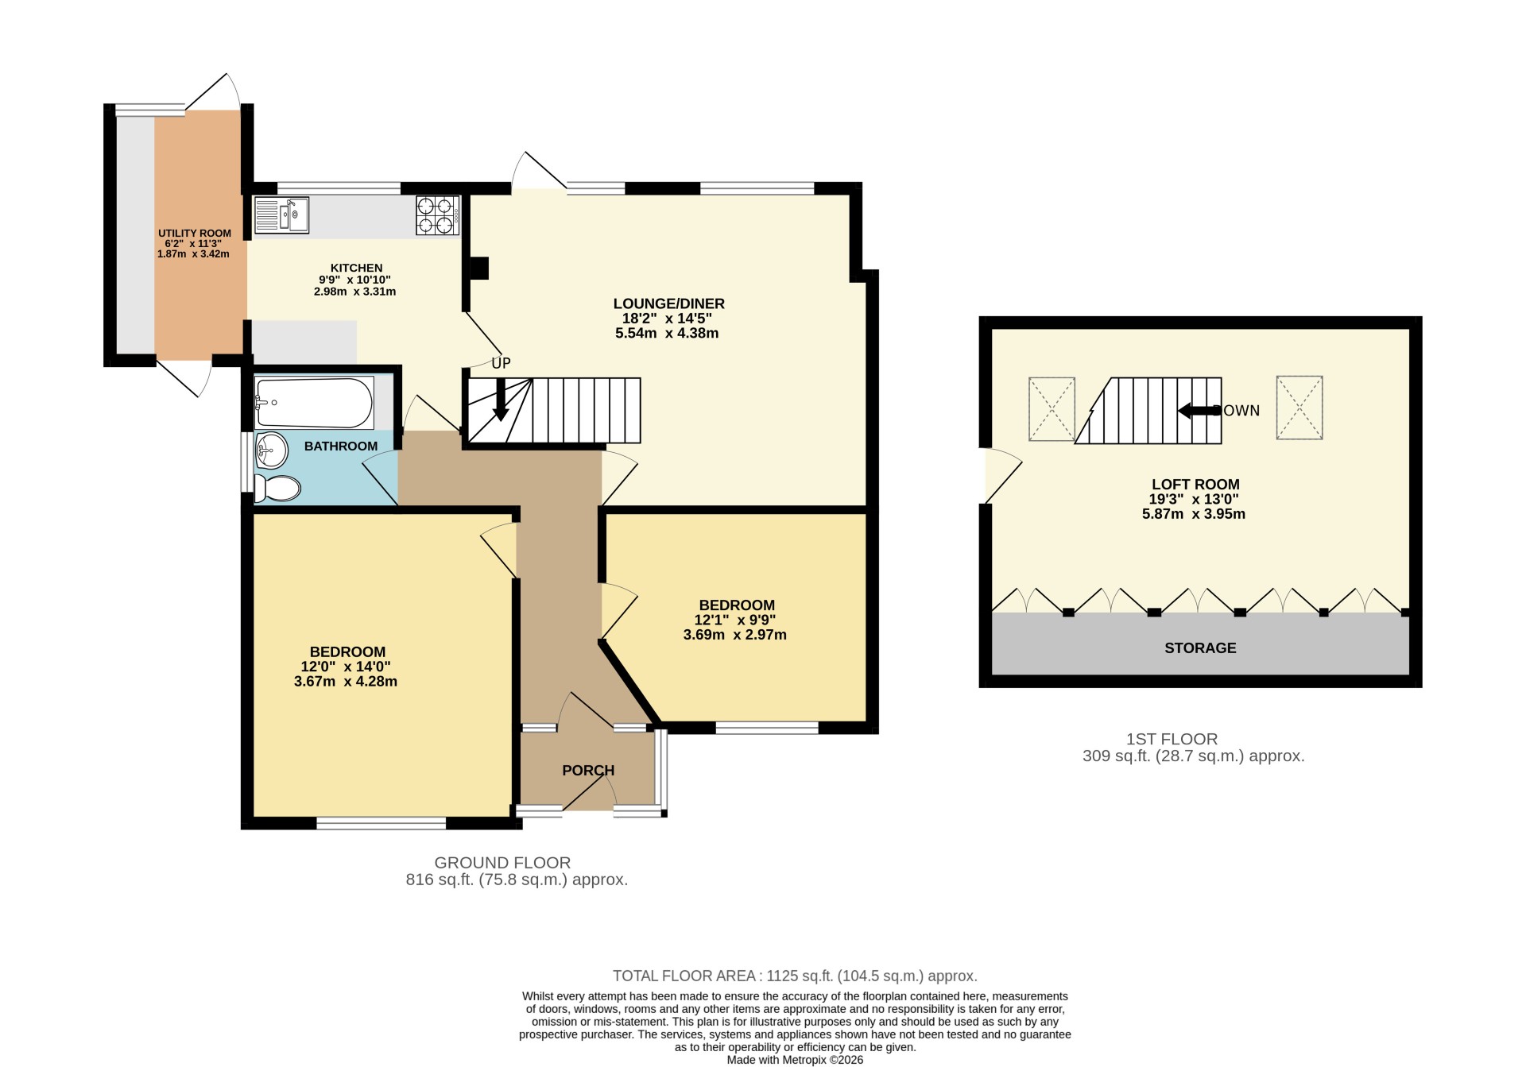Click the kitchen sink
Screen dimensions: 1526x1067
(281, 215)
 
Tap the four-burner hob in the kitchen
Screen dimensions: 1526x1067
(437, 215)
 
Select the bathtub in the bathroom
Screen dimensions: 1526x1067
(314, 403)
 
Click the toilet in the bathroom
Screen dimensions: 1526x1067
(277, 488)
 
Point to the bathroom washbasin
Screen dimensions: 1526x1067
(271, 450)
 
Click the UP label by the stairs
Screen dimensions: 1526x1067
(501, 363)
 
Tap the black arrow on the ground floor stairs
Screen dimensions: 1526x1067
(501, 399)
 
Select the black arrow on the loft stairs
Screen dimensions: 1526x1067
(1199, 411)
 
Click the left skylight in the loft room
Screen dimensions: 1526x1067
(1052, 408)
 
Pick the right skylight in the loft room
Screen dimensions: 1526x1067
(1299, 408)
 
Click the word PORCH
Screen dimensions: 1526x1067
(588, 771)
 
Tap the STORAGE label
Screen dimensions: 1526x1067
(1200, 648)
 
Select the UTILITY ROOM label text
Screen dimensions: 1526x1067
(195, 234)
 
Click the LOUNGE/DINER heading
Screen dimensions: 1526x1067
(669, 303)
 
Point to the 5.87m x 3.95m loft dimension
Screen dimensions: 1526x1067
(1194, 514)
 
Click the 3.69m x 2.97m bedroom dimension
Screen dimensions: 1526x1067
(735, 635)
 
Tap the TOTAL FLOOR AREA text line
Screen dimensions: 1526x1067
(795, 976)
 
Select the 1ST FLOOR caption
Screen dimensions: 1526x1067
(1172, 739)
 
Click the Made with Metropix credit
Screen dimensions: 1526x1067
(795, 1060)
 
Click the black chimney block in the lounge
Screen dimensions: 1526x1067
(479, 268)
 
